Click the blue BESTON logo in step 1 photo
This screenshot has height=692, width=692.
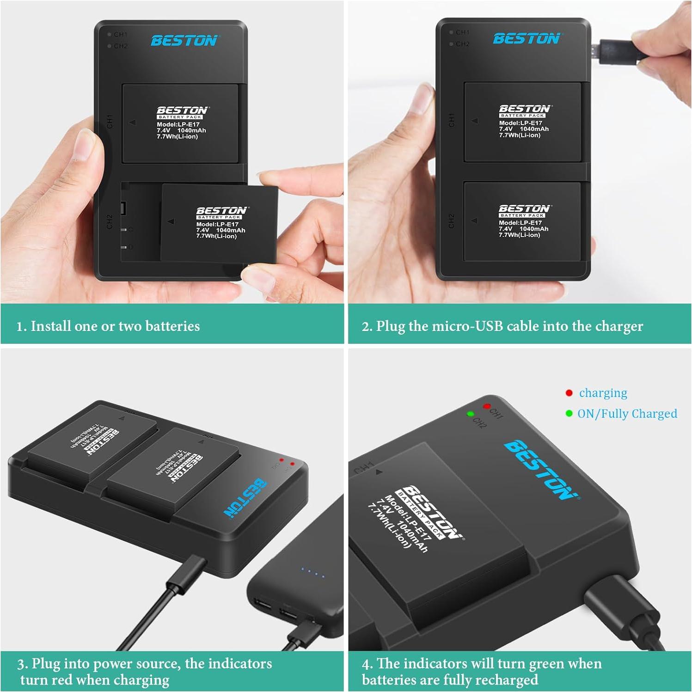184,41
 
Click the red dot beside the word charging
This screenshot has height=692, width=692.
569,393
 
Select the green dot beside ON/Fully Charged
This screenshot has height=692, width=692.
569,413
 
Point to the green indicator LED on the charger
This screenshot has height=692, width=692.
470,414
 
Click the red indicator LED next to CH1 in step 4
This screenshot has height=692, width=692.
486,406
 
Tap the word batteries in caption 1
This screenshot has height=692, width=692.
172,326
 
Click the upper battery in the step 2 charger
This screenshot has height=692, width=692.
522,122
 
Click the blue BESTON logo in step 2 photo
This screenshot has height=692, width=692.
526,39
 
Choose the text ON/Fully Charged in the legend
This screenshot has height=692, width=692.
627,414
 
